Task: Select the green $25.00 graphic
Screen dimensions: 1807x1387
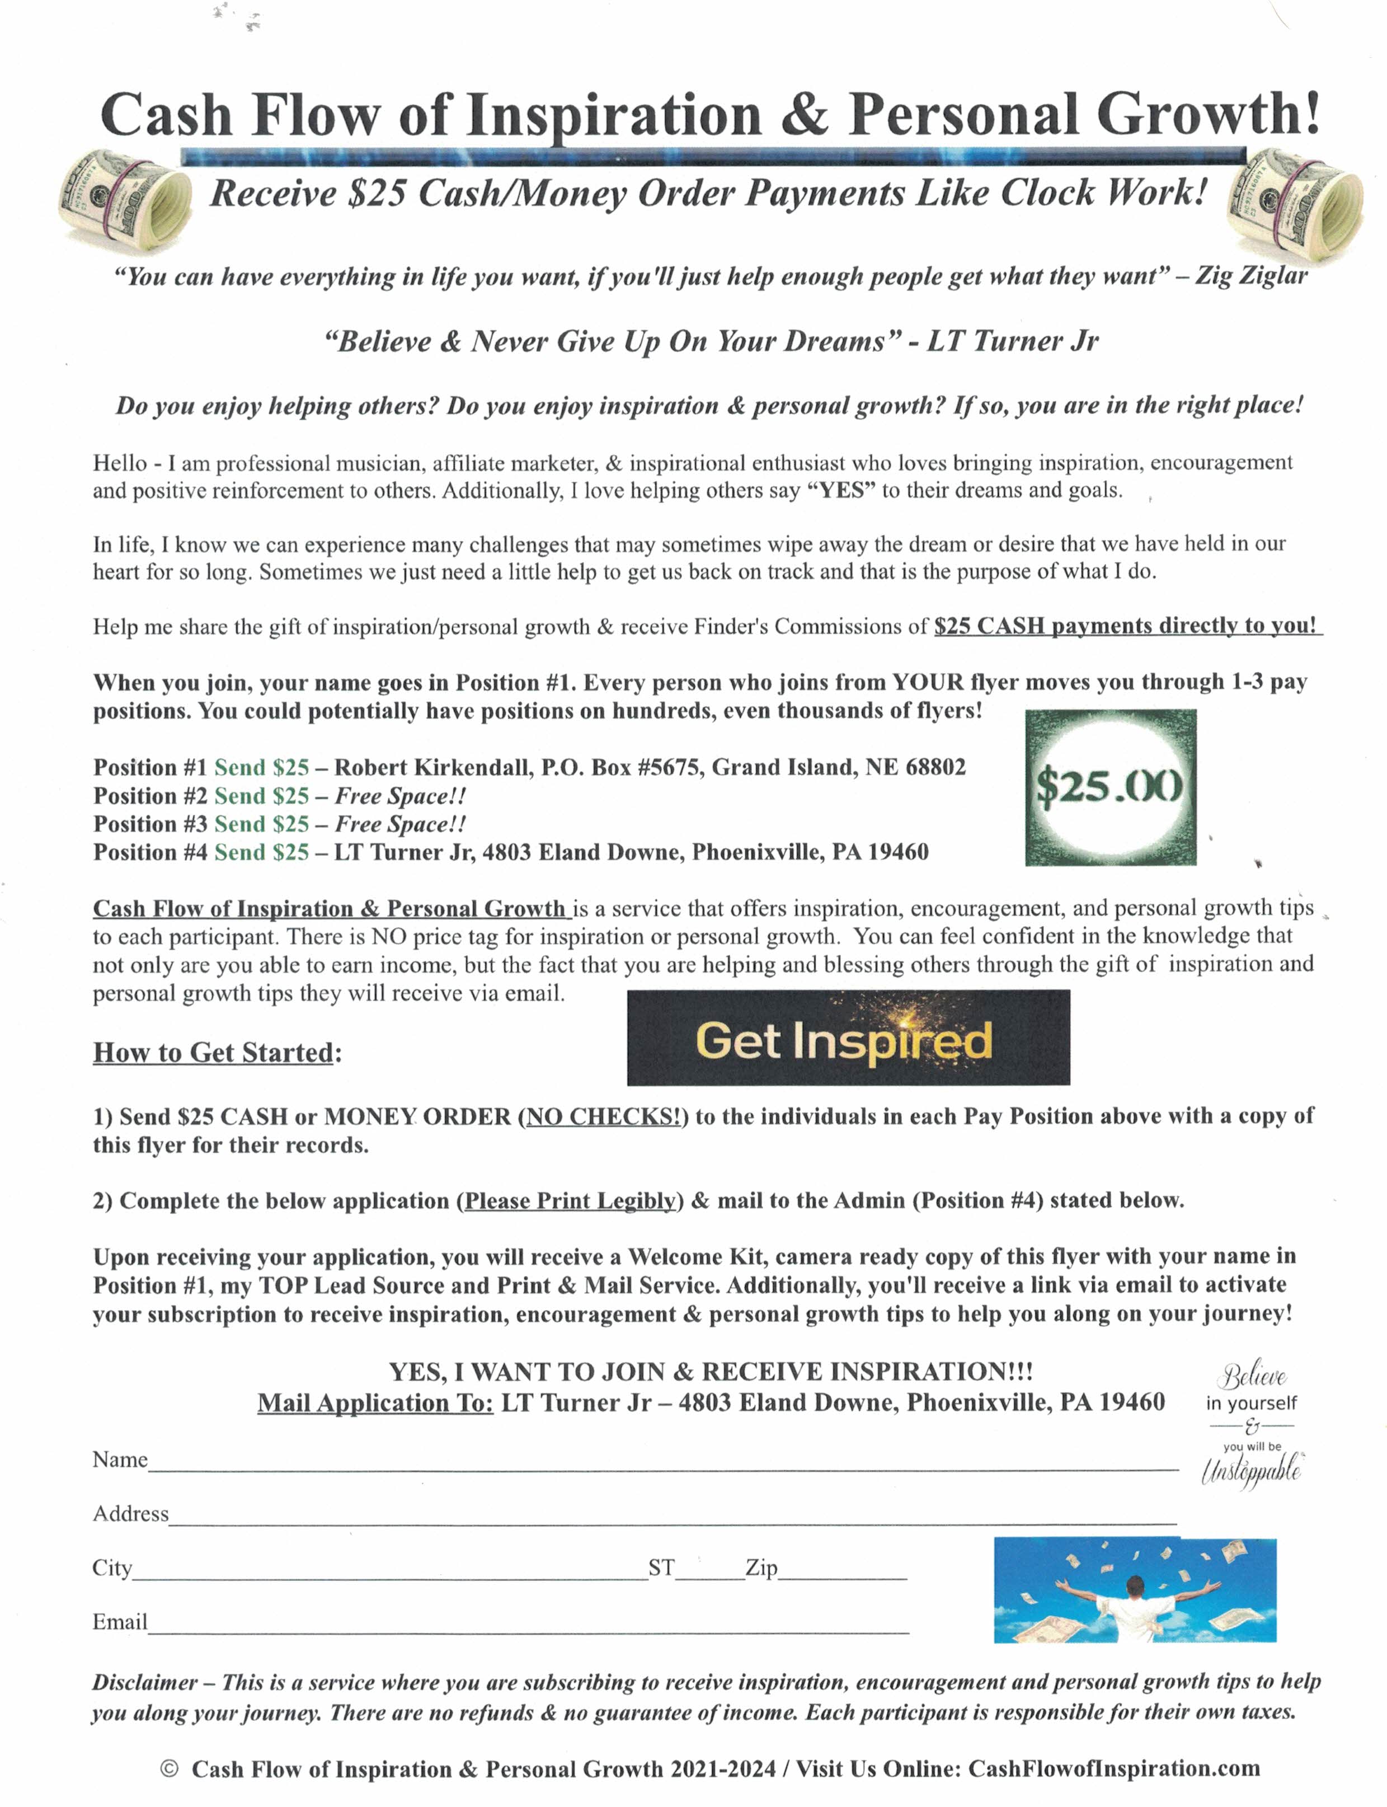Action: pos(1111,786)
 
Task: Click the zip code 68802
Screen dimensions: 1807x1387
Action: pos(934,767)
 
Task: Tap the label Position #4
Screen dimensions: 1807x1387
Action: pos(149,852)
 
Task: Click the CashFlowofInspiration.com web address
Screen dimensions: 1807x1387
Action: pos(1114,1768)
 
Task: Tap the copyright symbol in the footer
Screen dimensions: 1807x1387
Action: pos(169,1768)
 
